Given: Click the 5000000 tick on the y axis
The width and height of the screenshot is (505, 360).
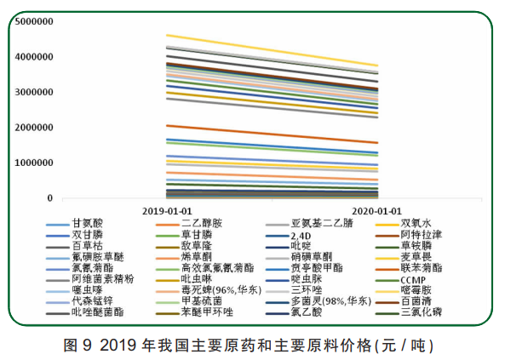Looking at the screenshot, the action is click(x=34, y=21).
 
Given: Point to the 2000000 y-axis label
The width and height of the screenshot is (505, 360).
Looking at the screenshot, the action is click(x=34, y=128).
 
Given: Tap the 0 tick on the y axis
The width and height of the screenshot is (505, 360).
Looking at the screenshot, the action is click(x=49, y=198).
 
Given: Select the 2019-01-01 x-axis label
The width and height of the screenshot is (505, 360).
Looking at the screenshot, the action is click(x=167, y=211).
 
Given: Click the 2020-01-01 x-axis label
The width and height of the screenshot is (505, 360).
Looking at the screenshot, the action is click(x=376, y=211).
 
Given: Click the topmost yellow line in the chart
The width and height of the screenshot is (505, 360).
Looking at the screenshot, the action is click(x=273, y=50).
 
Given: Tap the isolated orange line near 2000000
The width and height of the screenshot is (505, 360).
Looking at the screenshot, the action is click(x=273, y=134).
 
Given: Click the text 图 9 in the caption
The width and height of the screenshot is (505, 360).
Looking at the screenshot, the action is click(x=77, y=346).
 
